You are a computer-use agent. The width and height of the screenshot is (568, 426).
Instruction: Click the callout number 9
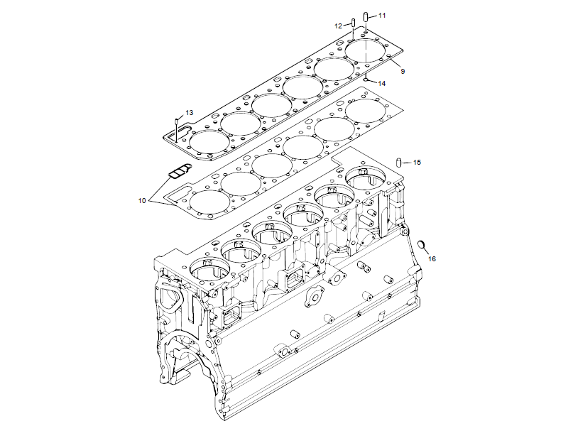[402, 72]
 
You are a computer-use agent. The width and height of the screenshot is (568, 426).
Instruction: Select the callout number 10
[142, 201]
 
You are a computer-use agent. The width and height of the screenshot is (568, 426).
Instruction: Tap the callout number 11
[382, 15]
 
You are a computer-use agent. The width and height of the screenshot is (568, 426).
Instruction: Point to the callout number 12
[339, 26]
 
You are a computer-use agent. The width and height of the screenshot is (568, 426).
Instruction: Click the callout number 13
[190, 112]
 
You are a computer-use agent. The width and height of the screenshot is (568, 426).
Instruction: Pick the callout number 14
[382, 83]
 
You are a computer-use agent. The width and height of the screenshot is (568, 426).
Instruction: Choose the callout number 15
[417, 163]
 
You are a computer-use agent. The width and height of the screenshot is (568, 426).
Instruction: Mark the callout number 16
[432, 258]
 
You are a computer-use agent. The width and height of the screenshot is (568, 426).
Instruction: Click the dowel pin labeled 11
[365, 16]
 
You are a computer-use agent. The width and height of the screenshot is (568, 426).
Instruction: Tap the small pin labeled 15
[400, 163]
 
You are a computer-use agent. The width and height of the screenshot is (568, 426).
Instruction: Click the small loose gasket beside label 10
[180, 171]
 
